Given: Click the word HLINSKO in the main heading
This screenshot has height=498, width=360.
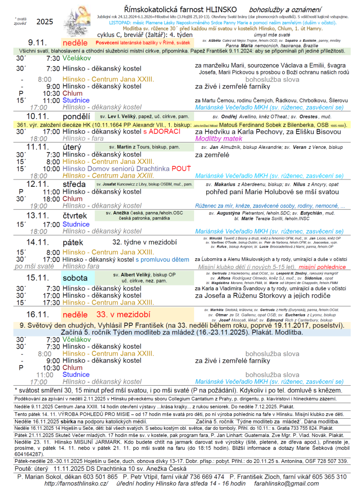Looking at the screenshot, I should pos(221,10).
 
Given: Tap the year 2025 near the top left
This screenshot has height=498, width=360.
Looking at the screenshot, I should pos(44,21).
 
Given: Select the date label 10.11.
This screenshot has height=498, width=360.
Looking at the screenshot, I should pos(37,116).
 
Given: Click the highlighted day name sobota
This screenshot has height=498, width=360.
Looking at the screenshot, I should pos(75,278).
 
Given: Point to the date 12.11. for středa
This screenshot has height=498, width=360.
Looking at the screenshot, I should pos(38,184).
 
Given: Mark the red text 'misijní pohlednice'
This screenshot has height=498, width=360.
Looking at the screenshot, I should pos(322,267).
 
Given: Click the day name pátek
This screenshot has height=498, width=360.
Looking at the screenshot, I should pos(73,242).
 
